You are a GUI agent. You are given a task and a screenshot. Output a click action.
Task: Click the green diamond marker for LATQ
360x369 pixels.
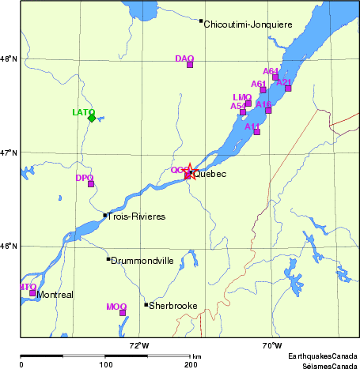tap(92, 118)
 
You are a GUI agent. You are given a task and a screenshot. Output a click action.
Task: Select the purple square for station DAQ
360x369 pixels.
tap(190, 64)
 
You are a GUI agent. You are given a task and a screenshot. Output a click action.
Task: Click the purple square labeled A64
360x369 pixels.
tap(275, 77)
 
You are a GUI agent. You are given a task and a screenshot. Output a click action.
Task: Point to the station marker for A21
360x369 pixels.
tap(288, 88)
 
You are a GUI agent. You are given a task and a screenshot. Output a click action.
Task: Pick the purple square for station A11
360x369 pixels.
tap(256, 132)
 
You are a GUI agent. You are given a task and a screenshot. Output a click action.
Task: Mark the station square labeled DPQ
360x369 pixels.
tap(91, 184)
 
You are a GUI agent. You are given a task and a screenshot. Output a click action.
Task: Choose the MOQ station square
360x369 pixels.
tap(123, 312)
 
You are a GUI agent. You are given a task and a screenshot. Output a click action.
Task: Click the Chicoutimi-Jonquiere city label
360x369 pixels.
tap(248, 25)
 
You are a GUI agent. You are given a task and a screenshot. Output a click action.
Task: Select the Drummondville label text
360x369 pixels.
tap(142, 260)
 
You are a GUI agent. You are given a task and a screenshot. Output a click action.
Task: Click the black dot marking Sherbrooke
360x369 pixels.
tap(146, 304)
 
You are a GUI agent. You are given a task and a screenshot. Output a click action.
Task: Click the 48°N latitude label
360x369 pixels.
tap(8, 58)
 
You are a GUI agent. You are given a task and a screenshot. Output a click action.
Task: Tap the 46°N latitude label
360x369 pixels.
tap(8, 246)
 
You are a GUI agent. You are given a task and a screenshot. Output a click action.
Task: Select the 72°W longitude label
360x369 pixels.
tap(139, 345)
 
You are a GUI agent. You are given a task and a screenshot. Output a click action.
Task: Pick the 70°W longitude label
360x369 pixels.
tap(271, 345)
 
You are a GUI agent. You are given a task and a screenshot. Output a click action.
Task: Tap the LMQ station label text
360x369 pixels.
tap(241, 97)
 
